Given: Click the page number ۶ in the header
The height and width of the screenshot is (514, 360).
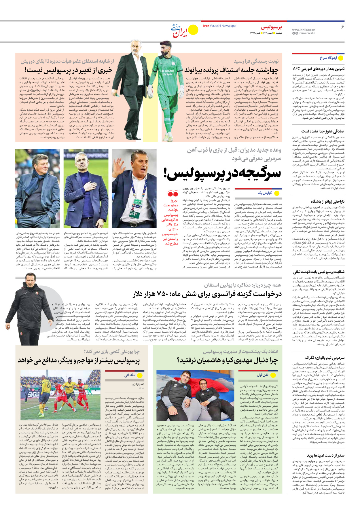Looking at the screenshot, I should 342,26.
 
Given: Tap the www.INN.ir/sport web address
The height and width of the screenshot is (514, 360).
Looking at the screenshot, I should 304,29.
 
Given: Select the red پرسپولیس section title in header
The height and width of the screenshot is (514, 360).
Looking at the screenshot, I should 271,27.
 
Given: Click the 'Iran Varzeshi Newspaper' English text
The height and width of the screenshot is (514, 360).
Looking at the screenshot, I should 220,26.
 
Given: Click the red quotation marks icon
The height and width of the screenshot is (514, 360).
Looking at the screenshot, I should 173,194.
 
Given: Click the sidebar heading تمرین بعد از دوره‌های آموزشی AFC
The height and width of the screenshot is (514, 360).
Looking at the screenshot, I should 318,69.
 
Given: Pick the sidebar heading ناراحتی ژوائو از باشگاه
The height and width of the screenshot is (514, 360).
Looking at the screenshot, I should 327,201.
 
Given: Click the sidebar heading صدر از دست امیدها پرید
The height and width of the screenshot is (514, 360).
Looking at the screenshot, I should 325,455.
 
